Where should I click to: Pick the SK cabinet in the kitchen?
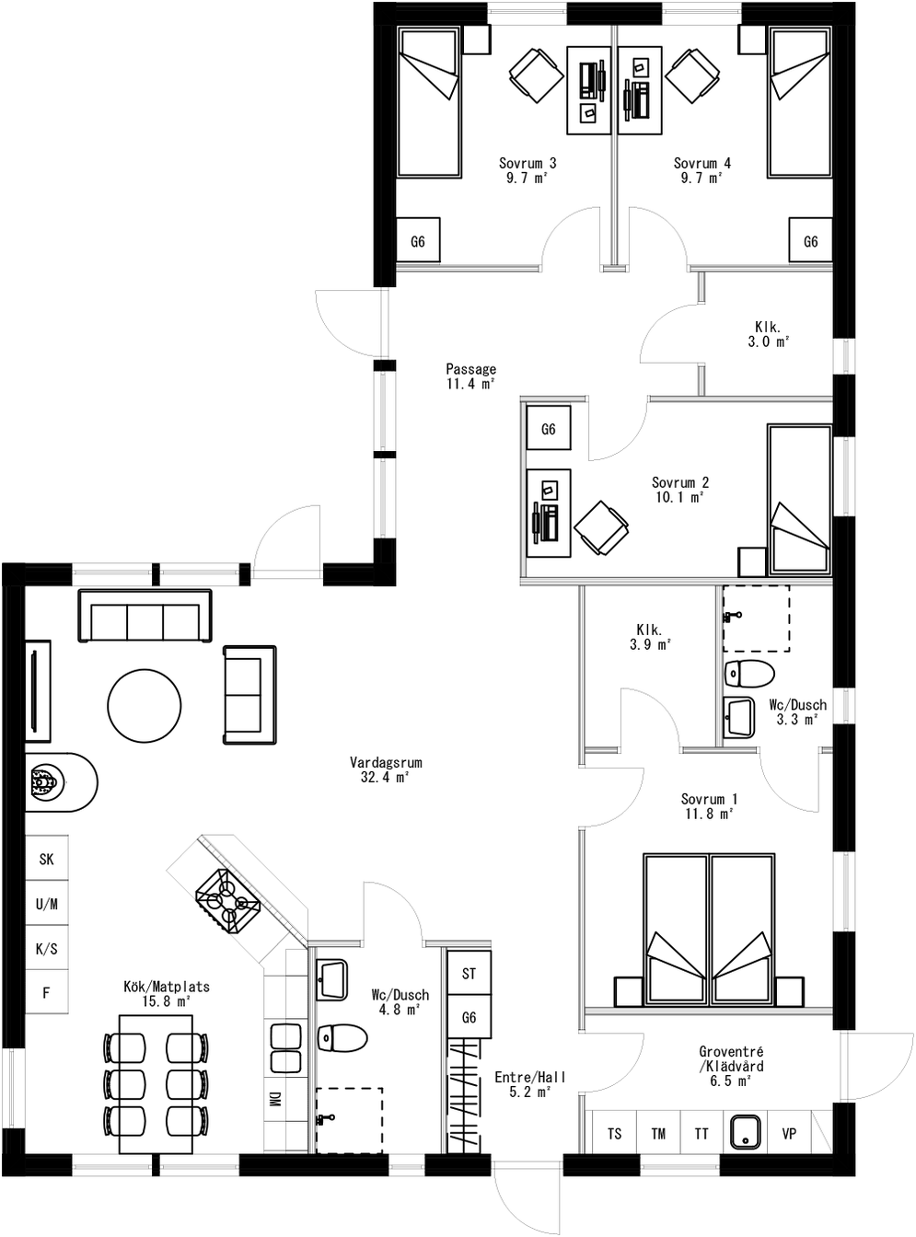pos(47,859)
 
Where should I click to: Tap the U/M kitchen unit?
pos(47,904)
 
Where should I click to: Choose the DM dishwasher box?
pos(274,1099)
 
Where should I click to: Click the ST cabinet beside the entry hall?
pos(469,973)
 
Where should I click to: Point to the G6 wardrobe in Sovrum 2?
pos(549,429)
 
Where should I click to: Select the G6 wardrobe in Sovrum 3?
pos(418,241)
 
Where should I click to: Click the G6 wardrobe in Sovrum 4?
pos(810,241)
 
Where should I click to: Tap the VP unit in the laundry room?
pos(789,1133)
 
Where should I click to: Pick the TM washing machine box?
pos(658,1133)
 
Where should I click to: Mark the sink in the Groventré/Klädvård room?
pos(745,1132)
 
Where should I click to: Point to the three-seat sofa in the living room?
pos(145,616)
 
